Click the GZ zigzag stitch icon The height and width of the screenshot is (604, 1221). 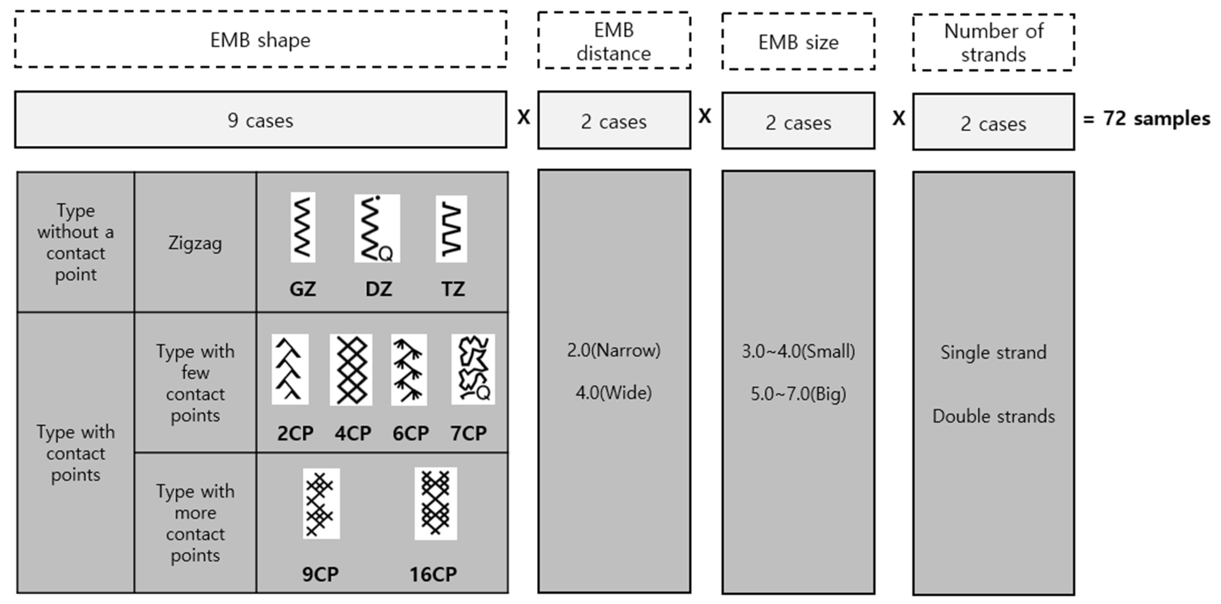(303, 227)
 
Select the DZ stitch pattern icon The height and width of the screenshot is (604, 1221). (377, 228)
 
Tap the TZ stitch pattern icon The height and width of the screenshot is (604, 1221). (451, 228)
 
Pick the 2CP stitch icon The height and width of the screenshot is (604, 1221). (290, 369)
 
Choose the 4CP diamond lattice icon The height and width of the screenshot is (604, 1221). (351, 370)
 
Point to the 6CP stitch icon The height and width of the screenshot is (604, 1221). (409, 370)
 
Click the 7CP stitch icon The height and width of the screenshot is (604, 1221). (473, 369)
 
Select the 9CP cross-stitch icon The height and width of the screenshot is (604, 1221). (321, 503)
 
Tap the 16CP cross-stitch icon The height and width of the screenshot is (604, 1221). (436, 503)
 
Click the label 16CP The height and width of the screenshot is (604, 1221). (433, 574)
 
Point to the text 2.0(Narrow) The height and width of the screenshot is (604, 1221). (614, 350)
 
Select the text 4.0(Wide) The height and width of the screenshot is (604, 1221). (614, 392)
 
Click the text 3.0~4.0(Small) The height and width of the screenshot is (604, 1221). (798, 351)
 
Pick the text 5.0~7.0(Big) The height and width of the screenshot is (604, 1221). (798, 393)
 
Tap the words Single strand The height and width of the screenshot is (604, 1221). (993, 352)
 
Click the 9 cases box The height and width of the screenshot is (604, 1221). (261, 120)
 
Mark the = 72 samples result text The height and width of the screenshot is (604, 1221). (1147, 119)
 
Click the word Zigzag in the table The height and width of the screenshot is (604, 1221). (195, 243)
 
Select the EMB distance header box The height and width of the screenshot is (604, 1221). (614, 41)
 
